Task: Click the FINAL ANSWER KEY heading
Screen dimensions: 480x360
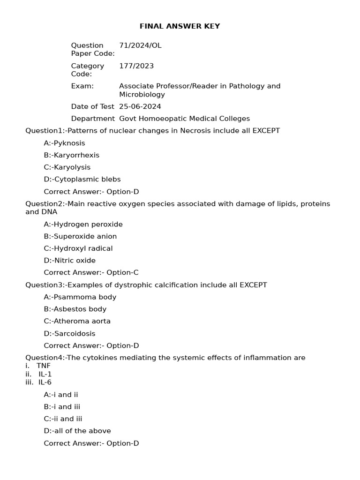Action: (x=180, y=26)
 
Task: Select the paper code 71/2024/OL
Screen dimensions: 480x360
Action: (x=140, y=45)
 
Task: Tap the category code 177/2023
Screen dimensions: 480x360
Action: (x=136, y=66)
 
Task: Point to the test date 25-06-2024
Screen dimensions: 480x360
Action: (x=140, y=106)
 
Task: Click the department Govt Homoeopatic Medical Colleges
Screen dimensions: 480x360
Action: (x=184, y=119)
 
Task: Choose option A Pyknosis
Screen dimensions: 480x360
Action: (x=64, y=143)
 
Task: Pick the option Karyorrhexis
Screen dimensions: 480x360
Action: (x=71, y=155)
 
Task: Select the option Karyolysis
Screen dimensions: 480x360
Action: (x=67, y=167)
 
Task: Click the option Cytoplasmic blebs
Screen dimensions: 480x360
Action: (x=82, y=179)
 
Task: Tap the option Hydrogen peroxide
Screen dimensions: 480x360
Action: (x=83, y=224)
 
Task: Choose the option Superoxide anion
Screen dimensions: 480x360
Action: (x=80, y=236)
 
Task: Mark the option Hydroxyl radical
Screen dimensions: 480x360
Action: (x=78, y=248)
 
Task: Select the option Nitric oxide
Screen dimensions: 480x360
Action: (x=69, y=261)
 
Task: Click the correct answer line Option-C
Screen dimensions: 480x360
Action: (x=91, y=272)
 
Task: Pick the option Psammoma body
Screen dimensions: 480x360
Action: (x=80, y=297)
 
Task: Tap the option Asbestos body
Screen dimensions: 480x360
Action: (x=75, y=309)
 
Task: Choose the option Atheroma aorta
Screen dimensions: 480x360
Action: (x=77, y=321)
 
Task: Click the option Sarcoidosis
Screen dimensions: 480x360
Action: (x=69, y=333)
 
